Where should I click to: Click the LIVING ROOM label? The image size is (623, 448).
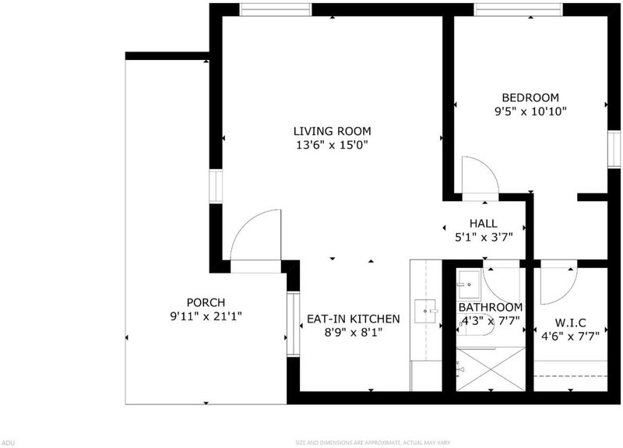333,131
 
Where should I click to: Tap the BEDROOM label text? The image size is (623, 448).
530,98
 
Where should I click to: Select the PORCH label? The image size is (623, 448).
206,303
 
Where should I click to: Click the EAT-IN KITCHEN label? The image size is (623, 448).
354,319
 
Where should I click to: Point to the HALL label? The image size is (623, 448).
484,224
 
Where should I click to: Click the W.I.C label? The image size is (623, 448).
570,323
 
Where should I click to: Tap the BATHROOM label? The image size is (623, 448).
491,307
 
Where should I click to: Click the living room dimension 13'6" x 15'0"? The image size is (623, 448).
333,145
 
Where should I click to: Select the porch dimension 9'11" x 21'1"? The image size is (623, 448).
206,317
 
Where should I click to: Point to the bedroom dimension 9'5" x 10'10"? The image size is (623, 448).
530,111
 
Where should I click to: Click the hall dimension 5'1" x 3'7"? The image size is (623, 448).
484,238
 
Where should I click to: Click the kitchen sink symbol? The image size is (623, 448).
425,311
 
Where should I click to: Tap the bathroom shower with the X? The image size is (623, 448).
491,369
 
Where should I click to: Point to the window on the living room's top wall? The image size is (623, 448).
276,9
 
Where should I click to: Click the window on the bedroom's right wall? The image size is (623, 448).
614,150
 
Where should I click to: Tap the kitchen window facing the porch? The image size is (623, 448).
294,324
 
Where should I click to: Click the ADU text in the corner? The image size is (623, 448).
7,443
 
